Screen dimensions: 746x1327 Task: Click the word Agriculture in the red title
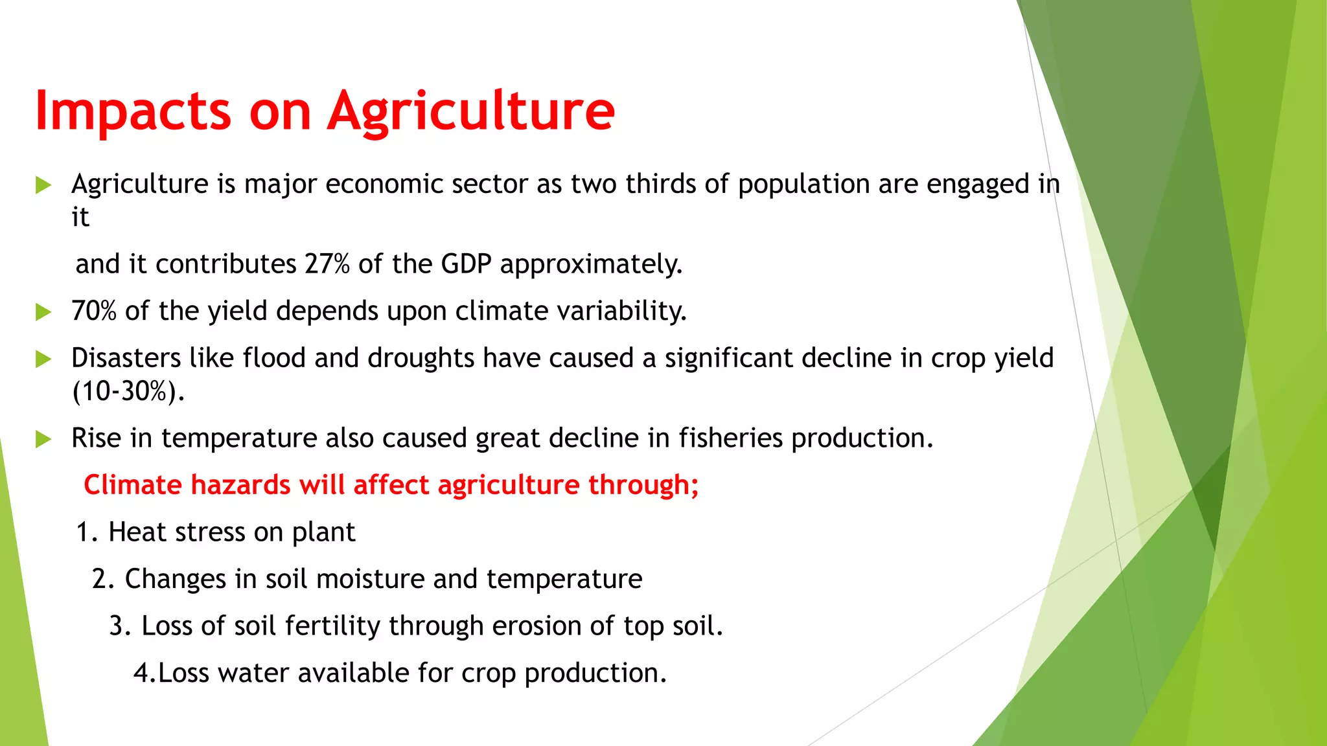click(471, 111)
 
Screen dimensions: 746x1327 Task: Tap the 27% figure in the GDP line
click(327, 264)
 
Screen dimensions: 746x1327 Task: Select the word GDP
click(466, 264)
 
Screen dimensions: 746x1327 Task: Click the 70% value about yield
click(94, 311)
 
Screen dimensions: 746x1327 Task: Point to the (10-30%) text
click(128, 391)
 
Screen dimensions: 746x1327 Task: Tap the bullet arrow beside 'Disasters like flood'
click(43, 359)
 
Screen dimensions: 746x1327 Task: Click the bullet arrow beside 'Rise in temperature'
click(43, 439)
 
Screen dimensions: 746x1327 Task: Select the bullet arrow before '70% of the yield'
click(43, 312)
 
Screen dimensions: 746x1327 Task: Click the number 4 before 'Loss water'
click(142, 673)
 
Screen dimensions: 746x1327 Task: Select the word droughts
click(421, 358)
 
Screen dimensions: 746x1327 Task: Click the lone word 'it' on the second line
click(80, 218)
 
